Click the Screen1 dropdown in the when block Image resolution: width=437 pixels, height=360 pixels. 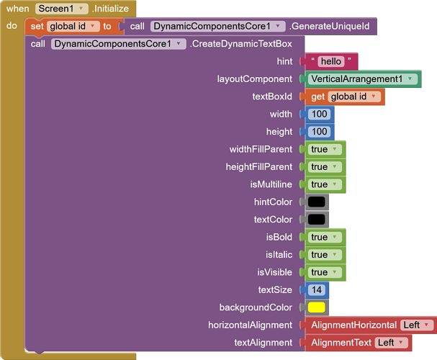click(x=62, y=9)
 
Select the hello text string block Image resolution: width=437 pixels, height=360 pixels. click(x=331, y=61)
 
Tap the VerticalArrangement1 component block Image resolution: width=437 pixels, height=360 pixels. click(x=363, y=79)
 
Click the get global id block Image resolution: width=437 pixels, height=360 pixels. click(x=345, y=96)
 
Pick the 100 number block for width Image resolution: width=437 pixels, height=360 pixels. click(x=320, y=114)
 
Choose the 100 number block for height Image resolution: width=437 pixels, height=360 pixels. click(x=320, y=132)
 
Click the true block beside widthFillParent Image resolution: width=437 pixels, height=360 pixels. click(x=325, y=149)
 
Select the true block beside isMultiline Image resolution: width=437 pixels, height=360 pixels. click(x=325, y=184)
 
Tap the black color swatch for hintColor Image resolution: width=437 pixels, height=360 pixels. click(x=317, y=202)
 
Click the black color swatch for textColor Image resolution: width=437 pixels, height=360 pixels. click(x=317, y=220)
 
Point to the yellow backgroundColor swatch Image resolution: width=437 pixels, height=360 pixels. click(x=317, y=307)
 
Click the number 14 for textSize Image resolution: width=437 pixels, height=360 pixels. click(x=317, y=289)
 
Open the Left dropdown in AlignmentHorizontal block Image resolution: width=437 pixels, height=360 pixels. click(x=417, y=325)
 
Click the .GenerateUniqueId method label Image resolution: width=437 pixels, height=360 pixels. click(x=330, y=26)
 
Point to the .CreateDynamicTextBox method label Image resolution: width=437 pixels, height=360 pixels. click(x=241, y=44)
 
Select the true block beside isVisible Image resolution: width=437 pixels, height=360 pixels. click(x=325, y=272)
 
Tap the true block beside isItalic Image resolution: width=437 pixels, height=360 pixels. click(x=325, y=255)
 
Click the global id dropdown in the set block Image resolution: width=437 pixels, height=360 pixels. click(x=73, y=27)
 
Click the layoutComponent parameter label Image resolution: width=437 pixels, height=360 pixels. click(x=255, y=79)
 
